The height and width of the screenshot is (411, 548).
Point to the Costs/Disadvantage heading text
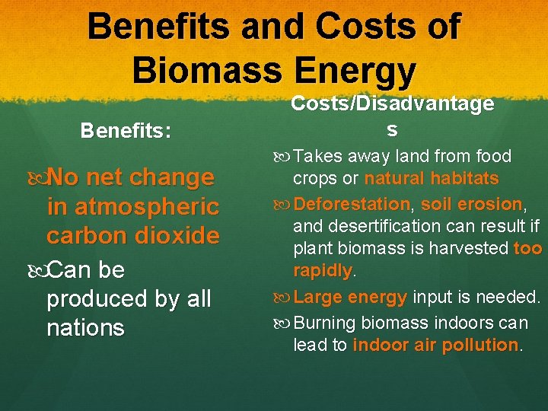point(392,104)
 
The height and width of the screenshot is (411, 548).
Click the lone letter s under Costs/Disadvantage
point(392,129)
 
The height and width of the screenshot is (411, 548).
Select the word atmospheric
point(132,206)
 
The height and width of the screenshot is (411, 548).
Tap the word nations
point(84,328)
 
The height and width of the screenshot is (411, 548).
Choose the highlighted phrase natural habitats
point(432,179)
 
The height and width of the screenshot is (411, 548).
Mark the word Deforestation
point(352,204)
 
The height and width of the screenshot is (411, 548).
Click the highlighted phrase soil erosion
point(471,204)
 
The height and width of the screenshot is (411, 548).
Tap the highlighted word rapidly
point(323,271)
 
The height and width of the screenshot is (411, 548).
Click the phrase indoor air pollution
point(435,345)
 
